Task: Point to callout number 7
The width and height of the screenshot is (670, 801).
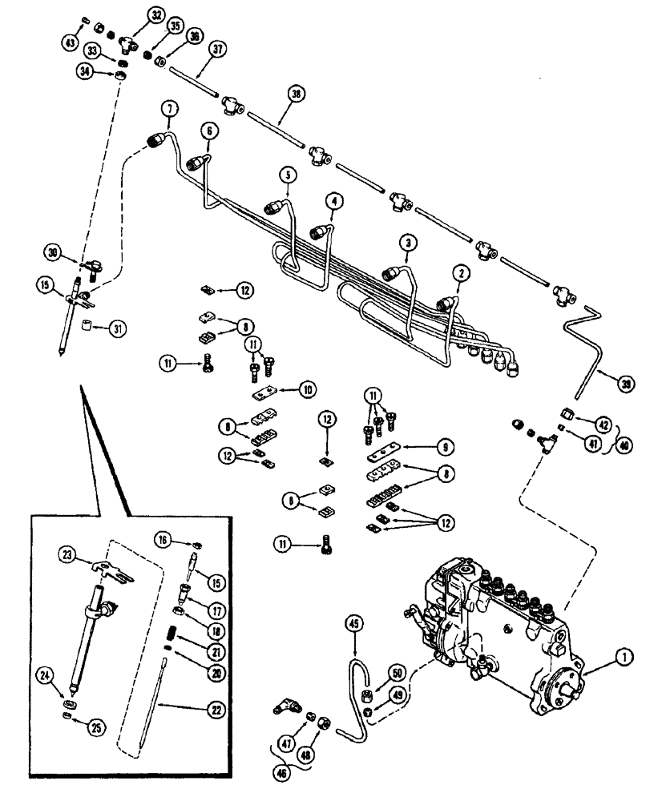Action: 168,108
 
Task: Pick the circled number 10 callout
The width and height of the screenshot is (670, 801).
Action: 307,388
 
